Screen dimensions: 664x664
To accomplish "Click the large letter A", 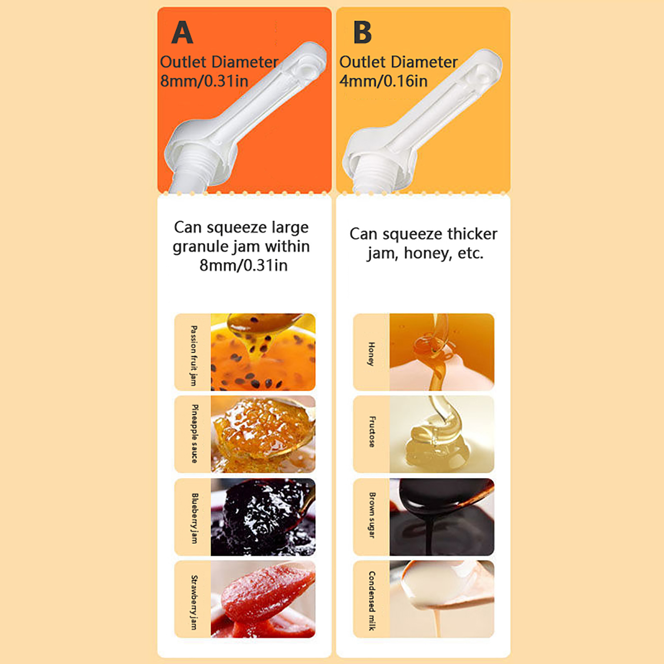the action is coord(182,32).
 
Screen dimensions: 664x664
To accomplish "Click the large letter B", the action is coord(362,32).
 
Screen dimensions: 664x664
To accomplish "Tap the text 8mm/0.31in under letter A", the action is coord(204,81).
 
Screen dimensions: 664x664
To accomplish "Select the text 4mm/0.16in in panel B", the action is coord(383,81).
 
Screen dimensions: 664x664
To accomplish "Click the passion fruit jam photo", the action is coord(263,352).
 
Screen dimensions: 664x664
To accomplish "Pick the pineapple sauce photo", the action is coord(263,434).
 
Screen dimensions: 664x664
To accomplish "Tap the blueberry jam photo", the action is coord(263,517).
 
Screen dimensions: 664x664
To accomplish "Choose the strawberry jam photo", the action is coord(263,599).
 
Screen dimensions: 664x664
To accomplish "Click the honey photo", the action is coord(442,352).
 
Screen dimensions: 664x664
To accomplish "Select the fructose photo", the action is coord(442,434).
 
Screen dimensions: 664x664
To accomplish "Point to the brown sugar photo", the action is coord(442,517).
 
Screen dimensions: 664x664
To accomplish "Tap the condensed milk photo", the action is coord(442,599).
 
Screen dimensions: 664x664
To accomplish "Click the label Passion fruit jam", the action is coord(193,356).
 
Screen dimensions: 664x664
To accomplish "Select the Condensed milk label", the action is coord(372,601).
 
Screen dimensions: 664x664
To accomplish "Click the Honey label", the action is coord(371,354).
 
